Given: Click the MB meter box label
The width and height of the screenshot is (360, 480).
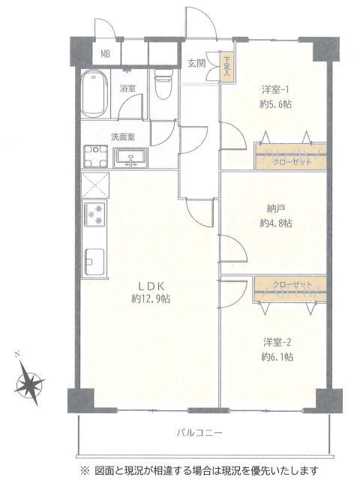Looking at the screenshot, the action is (106, 55).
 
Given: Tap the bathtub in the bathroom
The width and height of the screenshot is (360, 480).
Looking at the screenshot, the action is (95, 94).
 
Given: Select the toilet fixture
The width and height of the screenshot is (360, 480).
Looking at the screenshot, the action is (163, 83).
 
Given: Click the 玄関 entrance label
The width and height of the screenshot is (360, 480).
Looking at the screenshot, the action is (196, 63).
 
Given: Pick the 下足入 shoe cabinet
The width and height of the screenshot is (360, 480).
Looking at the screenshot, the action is (226, 67).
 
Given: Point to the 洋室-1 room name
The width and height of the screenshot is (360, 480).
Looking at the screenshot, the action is (275, 90).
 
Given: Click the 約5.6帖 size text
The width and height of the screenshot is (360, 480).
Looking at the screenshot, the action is (275, 104).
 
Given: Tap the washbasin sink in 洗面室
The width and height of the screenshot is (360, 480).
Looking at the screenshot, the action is (130, 157).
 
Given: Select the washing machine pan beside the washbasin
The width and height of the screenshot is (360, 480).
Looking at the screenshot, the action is (96, 156).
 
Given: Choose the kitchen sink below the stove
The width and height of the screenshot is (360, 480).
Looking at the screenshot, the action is (95, 262).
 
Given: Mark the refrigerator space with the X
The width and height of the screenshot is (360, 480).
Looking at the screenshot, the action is (95, 185).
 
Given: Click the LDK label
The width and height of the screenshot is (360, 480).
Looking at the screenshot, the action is (151, 286).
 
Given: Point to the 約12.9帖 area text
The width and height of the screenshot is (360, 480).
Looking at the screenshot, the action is (151, 298).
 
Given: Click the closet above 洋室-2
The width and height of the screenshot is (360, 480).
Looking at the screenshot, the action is (289, 289).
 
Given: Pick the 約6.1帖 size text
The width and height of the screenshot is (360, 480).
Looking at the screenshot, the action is (277, 357).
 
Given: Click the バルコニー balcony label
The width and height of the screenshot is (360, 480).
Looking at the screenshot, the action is (199, 433).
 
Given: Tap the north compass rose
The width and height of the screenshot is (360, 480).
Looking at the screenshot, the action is (30, 382).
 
